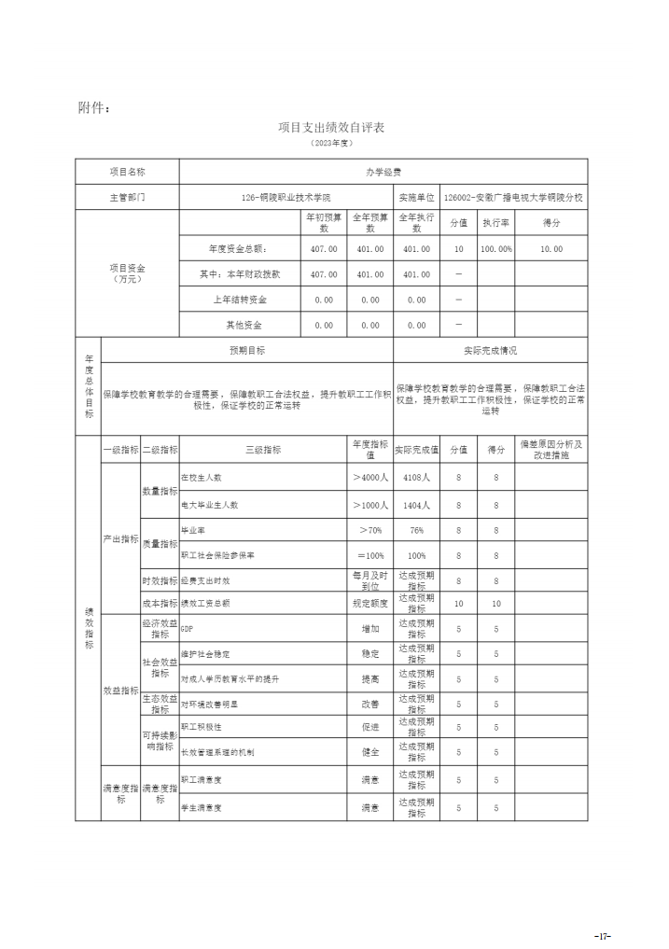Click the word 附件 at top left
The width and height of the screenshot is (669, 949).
click(94, 107)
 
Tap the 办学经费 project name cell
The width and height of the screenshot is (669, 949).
click(383, 172)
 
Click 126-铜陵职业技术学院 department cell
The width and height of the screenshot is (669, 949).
click(286, 198)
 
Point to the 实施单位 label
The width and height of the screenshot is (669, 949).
click(416, 198)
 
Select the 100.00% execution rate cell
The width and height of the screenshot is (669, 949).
click(495, 249)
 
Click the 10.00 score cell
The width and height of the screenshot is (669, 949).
click(551, 249)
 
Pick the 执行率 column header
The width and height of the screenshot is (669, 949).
click(495, 224)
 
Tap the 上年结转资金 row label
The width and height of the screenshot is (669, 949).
click(240, 300)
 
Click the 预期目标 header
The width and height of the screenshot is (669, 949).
click(246, 350)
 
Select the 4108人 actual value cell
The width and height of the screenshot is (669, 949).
click(416, 478)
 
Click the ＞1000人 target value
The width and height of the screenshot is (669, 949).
click(370, 504)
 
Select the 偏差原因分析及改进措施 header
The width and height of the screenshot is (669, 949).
click(551, 448)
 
